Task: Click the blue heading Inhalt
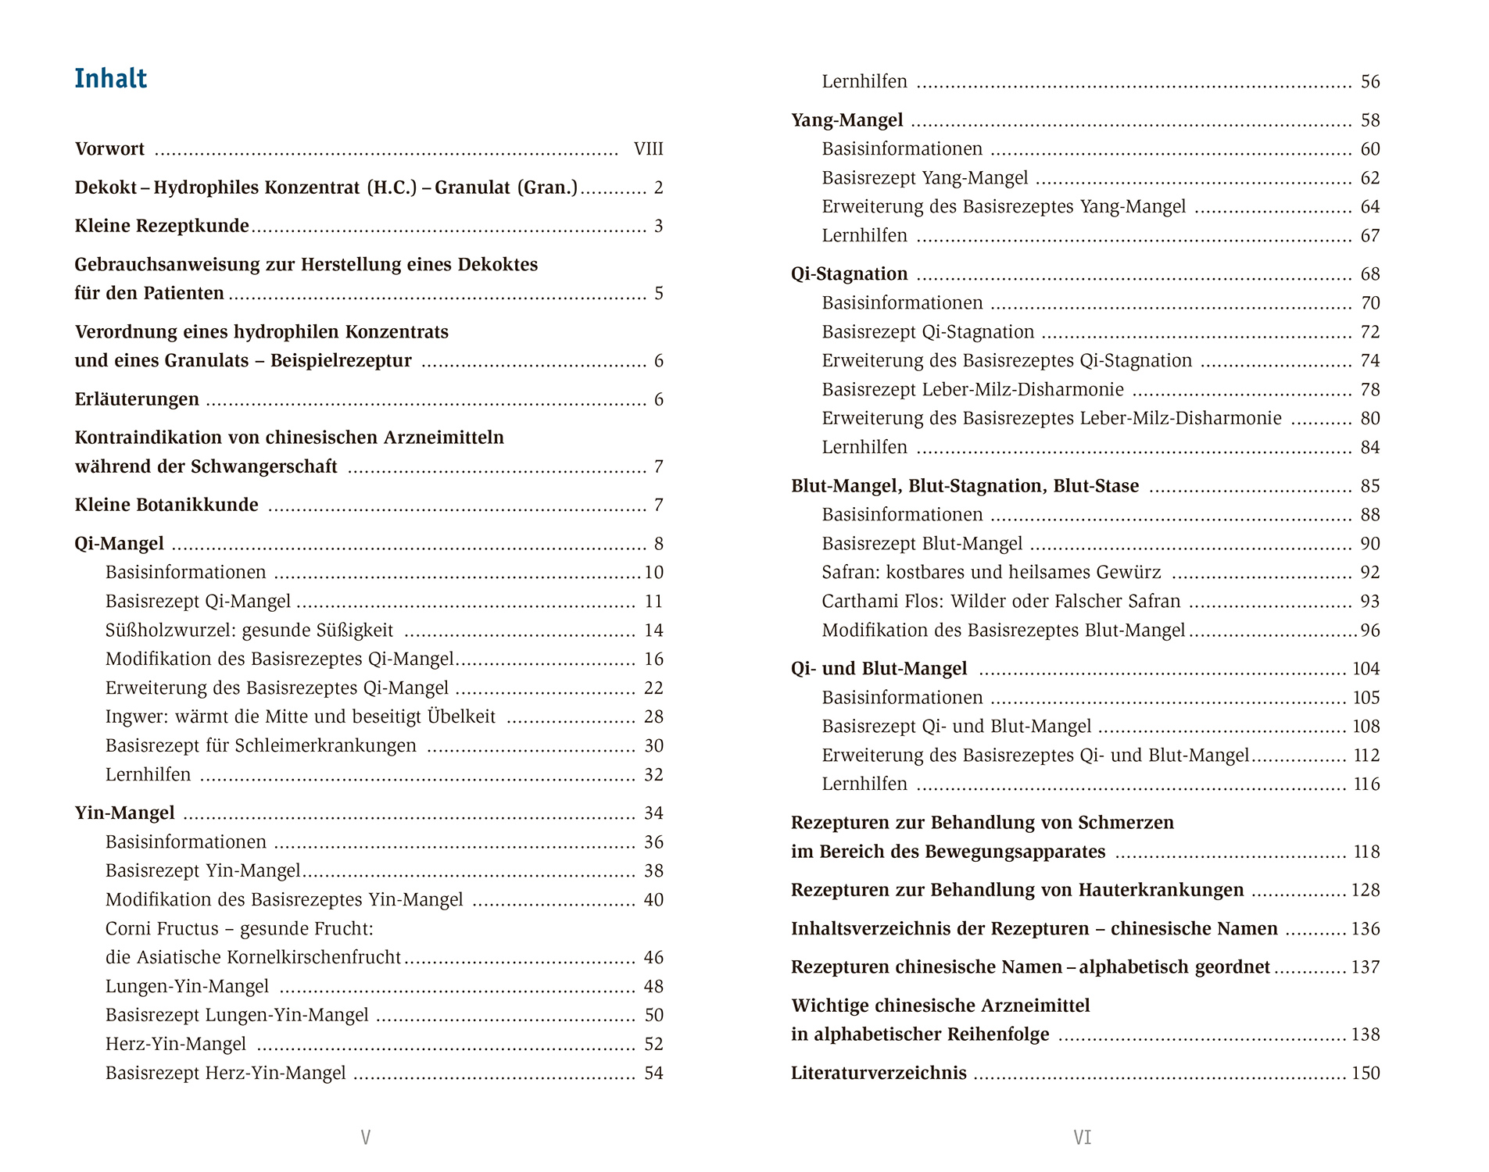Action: click(110, 79)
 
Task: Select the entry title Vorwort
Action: click(109, 149)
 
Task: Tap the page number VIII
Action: click(648, 149)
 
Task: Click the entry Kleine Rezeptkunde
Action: click(162, 227)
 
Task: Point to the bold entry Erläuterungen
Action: click(137, 399)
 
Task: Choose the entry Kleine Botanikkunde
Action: click(166, 506)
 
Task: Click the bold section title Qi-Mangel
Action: click(119, 544)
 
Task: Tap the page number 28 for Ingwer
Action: click(653, 717)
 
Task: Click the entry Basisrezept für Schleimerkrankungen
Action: click(261, 746)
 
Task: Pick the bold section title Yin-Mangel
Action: click(124, 813)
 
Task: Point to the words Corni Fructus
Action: click(162, 929)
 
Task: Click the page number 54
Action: click(653, 1074)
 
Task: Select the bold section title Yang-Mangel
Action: click(847, 120)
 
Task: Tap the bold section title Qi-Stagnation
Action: click(849, 274)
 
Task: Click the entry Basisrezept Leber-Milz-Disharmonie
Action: click(972, 390)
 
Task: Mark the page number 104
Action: click(1366, 669)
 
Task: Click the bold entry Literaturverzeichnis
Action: click(879, 1074)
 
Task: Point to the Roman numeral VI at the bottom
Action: click(1082, 1138)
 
